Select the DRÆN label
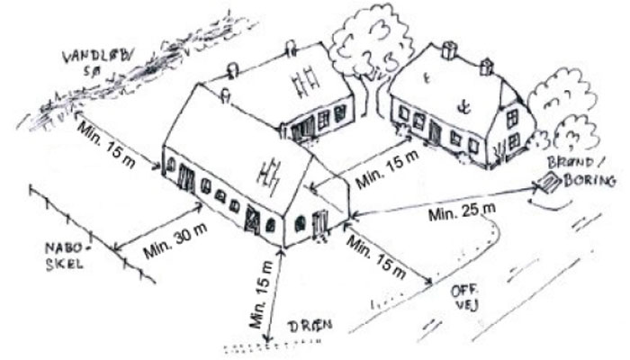pyautogui.click(x=311, y=326)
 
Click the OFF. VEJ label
pyautogui.click(x=465, y=298)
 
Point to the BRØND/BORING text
pyautogui.click(x=582, y=173)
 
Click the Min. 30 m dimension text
pyautogui.click(x=176, y=240)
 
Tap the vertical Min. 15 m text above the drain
pyautogui.click(x=262, y=294)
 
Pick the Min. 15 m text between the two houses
pyautogui.click(x=387, y=169)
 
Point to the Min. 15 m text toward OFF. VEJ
pyautogui.click(x=376, y=257)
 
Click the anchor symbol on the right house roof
pyautogui.click(x=464, y=107)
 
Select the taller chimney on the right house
pyautogui.click(x=449, y=50)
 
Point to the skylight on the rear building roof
pyautogui.click(x=304, y=82)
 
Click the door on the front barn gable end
pyautogui.click(x=321, y=224)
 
